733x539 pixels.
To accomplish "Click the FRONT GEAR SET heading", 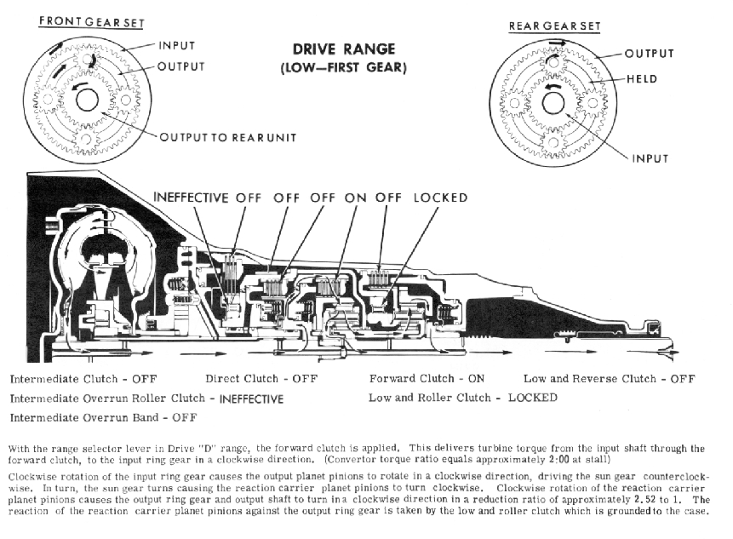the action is click(92, 22).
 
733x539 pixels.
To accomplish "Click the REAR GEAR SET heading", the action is click(554, 26).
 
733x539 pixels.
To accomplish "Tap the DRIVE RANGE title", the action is click(344, 49).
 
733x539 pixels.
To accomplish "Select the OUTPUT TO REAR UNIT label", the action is click(228, 137).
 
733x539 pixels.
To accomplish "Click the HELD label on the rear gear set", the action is click(642, 79).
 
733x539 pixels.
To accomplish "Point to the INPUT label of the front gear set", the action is click(177, 46).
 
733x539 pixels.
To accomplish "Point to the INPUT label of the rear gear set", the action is click(650, 159).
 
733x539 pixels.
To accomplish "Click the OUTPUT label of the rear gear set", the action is click(650, 54).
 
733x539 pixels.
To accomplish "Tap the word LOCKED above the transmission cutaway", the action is click(440, 198).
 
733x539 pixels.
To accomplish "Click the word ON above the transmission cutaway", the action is click(355, 198).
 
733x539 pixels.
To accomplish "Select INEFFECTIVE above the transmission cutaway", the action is click(191, 198).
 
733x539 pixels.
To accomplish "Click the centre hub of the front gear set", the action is click(87, 100).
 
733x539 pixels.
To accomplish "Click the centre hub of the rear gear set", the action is click(553, 103).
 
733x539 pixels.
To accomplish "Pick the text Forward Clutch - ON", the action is click(427, 379).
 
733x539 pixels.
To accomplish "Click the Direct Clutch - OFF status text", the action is click(261, 379).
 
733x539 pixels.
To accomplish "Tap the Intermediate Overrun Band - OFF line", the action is click(103, 417).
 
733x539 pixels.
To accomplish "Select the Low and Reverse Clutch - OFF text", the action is click(609, 379).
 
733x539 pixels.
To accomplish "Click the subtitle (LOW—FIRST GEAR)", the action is click(344, 68).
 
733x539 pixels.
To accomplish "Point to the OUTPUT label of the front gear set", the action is click(181, 66).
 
